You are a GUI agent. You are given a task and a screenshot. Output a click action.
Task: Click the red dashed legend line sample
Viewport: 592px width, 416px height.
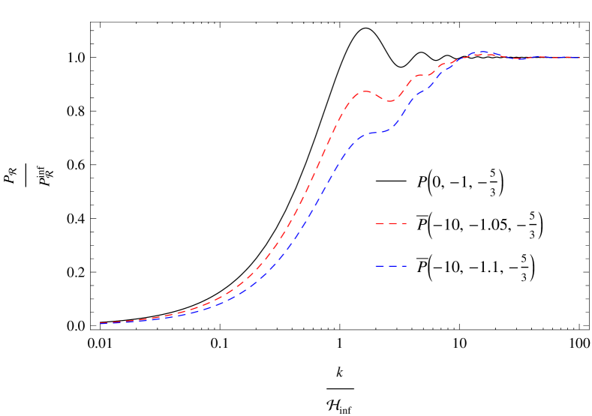coord(391,223)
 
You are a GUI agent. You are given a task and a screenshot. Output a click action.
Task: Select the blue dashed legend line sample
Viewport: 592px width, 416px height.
coord(391,266)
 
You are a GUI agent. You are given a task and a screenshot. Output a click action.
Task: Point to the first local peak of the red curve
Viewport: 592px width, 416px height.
coord(364,91)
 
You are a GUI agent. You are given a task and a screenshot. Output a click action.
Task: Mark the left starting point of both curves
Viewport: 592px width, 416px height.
coord(101,323)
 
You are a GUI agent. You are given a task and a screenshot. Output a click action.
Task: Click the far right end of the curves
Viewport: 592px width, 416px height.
coord(579,57)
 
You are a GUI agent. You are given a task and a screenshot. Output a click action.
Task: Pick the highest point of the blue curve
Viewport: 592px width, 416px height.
coord(482,52)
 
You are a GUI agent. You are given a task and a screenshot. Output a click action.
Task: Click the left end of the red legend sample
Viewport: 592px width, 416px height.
coord(376,223)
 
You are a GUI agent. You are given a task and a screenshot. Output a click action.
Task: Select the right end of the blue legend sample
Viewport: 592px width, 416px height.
coord(406,266)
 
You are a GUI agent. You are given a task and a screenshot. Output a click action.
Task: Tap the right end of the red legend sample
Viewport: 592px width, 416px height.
coord(406,223)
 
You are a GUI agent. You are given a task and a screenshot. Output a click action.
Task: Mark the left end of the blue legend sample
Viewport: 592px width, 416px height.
coord(376,266)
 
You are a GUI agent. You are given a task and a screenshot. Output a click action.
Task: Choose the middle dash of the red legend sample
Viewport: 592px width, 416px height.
coord(391,223)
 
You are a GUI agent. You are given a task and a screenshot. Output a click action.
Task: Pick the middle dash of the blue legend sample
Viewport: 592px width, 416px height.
coord(391,266)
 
